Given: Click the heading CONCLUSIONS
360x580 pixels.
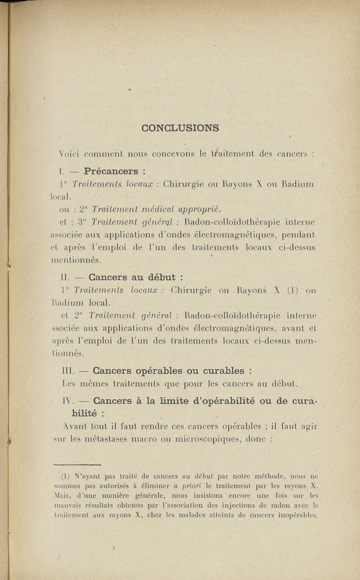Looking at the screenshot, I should tap(180, 128).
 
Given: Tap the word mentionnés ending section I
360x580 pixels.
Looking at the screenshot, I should tap(75, 260).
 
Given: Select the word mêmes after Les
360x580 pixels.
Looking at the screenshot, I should tap(94, 384).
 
